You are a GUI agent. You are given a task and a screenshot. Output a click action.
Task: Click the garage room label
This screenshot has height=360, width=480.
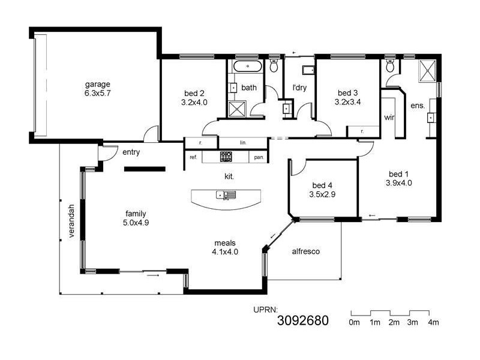(x=98, y=84)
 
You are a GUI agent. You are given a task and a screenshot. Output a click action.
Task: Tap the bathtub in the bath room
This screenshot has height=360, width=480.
(x=248, y=66)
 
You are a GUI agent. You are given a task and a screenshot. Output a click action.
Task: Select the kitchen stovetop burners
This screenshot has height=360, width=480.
(x=226, y=157)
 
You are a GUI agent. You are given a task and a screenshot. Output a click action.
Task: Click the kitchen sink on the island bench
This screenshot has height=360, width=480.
(x=226, y=194)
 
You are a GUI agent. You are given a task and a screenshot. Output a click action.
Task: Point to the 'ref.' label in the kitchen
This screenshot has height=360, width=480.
(x=193, y=157)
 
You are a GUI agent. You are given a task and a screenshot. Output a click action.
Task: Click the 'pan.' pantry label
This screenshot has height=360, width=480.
(x=259, y=157)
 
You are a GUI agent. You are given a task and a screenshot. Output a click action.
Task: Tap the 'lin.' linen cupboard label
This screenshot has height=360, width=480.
(x=243, y=143)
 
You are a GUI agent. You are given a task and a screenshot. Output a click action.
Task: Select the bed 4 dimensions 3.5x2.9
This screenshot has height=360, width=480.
(x=322, y=194)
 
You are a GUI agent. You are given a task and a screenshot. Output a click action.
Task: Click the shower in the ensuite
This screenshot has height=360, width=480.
(x=427, y=71)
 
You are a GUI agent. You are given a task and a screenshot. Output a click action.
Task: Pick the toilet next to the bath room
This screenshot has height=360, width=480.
(x=274, y=65)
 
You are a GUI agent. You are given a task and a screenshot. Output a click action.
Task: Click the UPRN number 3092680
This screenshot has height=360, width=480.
(x=303, y=320)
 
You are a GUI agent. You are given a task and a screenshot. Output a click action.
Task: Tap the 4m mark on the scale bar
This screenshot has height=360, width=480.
(x=433, y=322)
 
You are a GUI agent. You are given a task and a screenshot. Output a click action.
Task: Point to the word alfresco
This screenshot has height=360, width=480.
(x=306, y=251)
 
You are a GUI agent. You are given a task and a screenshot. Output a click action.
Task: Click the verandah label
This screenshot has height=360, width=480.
(x=71, y=221)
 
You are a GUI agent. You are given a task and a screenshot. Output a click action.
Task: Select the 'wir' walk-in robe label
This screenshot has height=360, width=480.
(x=389, y=117)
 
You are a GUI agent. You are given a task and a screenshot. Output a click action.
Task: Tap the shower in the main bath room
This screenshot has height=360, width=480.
(x=237, y=109)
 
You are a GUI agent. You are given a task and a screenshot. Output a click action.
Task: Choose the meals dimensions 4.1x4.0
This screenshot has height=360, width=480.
(x=225, y=251)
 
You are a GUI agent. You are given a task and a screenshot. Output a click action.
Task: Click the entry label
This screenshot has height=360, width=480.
(x=131, y=152)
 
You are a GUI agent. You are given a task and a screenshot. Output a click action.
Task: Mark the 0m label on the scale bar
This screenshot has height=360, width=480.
(x=354, y=322)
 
